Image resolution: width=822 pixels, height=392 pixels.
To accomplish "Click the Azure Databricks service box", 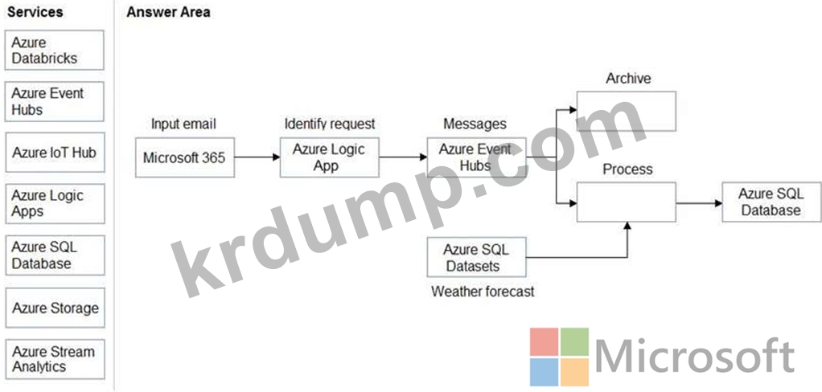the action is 55,50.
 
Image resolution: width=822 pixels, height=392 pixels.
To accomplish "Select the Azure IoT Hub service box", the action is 55,153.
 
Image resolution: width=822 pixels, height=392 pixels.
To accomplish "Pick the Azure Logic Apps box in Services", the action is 55,203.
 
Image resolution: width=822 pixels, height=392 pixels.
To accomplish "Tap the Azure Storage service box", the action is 55,308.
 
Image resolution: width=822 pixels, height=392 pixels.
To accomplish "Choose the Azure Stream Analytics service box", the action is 55,359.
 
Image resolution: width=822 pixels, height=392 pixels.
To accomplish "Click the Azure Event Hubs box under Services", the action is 55,101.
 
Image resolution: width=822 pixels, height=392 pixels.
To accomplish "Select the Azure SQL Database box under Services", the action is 55,255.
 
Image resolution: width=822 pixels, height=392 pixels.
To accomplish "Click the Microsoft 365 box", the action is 184,157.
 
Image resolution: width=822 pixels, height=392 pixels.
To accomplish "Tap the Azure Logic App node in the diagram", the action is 329,157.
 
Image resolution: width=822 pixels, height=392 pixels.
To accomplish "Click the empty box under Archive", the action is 626,111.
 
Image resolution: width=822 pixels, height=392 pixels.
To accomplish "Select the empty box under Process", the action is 626,202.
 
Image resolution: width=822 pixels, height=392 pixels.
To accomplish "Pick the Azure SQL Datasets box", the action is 476,257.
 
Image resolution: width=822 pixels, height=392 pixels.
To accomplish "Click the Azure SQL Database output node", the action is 771,202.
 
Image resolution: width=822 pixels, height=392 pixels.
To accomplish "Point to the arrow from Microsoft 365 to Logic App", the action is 257,157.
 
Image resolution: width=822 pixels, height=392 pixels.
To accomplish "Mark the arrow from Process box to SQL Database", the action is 699,202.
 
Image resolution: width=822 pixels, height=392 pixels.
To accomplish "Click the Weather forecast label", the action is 483,291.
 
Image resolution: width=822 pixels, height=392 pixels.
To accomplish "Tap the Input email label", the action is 183,124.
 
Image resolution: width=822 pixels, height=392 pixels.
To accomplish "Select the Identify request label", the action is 330,124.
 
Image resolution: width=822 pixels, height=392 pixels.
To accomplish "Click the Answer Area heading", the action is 168,12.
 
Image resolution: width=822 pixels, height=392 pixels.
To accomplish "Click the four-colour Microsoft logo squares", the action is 559,357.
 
